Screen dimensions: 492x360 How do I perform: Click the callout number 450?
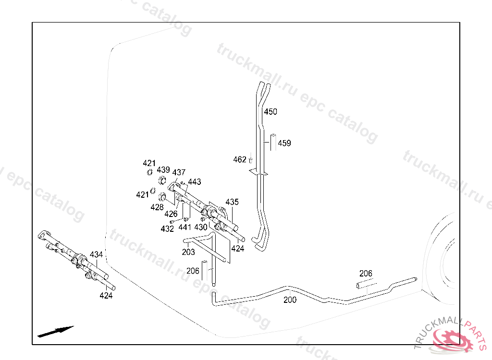[x=271, y=112]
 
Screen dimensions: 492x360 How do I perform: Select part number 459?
[x=284, y=143]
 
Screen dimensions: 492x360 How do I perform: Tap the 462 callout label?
[x=239, y=159]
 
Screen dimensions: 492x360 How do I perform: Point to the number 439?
[x=163, y=170]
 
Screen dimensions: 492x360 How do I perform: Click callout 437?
[x=179, y=172]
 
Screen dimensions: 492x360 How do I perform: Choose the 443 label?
[x=195, y=182]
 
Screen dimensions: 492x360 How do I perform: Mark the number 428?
[x=157, y=207]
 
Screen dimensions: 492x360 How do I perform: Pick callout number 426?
[x=171, y=214]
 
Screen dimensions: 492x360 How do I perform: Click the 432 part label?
[x=167, y=229]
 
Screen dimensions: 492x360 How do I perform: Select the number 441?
[x=185, y=227]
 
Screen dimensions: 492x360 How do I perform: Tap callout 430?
[x=201, y=227]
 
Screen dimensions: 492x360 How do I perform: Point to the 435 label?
[x=232, y=202]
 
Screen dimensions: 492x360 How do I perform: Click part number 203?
[x=188, y=252]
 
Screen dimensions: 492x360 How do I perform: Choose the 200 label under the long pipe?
[x=290, y=300]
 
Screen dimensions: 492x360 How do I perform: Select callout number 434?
[x=96, y=254]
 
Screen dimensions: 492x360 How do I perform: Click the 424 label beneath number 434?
[x=106, y=296]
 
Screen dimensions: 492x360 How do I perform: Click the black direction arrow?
[x=56, y=331]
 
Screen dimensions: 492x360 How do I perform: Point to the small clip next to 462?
[x=250, y=160]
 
